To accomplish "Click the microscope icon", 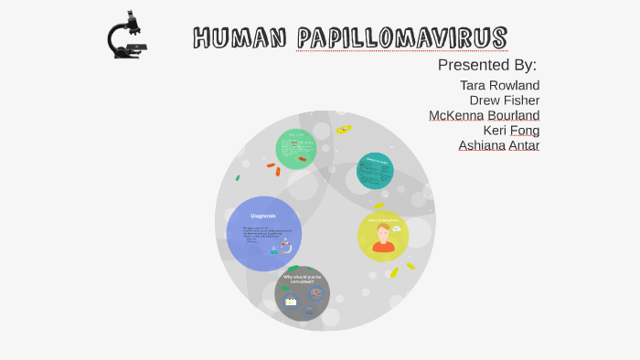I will (x=127, y=36).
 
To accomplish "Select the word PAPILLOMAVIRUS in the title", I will (x=401, y=38).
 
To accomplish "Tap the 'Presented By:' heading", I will (x=486, y=65).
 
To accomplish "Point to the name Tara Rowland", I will (x=499, y=85).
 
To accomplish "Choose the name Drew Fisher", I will (x=504, y=101).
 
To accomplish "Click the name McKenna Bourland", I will (x=484, y=115).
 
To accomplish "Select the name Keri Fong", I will (x=511, y=130).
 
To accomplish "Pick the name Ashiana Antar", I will (x=498, y=145).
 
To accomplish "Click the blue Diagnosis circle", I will (x=263, y=233).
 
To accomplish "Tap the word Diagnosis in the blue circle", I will (x=263, y=216).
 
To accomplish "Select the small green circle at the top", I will (x=296, y=149).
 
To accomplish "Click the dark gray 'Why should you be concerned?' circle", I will (x=303, y=294).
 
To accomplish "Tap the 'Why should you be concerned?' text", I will (x=303, y=279).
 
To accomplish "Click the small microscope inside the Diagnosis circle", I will (x=285, y=246).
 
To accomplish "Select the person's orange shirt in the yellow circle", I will (x=383, y=247).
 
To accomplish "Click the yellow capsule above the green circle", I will (x=344, y=130).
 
